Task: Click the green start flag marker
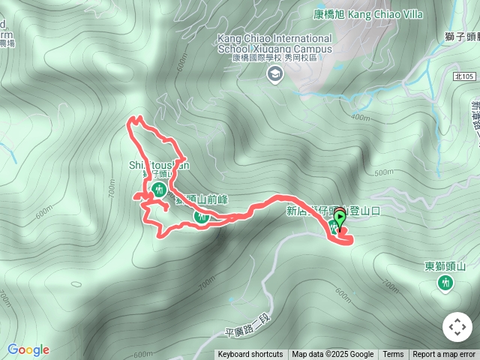click(x=340, y=218)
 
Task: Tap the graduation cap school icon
click(x=276, y=73)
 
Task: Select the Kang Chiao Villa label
click(x=367, y=14)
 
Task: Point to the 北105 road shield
click(x=465, y=76)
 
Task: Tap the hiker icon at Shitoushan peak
click(x=158, y=191)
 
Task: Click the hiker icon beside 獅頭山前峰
click(x=200, y=217)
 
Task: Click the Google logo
click(x=28, y=349)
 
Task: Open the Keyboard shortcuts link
click(x=250, y=355)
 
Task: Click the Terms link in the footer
click(x=393, y=355)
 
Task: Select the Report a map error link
click(x=444, y=355)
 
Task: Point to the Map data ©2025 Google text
click(x=333, y=355)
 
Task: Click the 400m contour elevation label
click(x=360, y=118)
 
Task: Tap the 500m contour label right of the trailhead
click(x=383, y=172)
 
